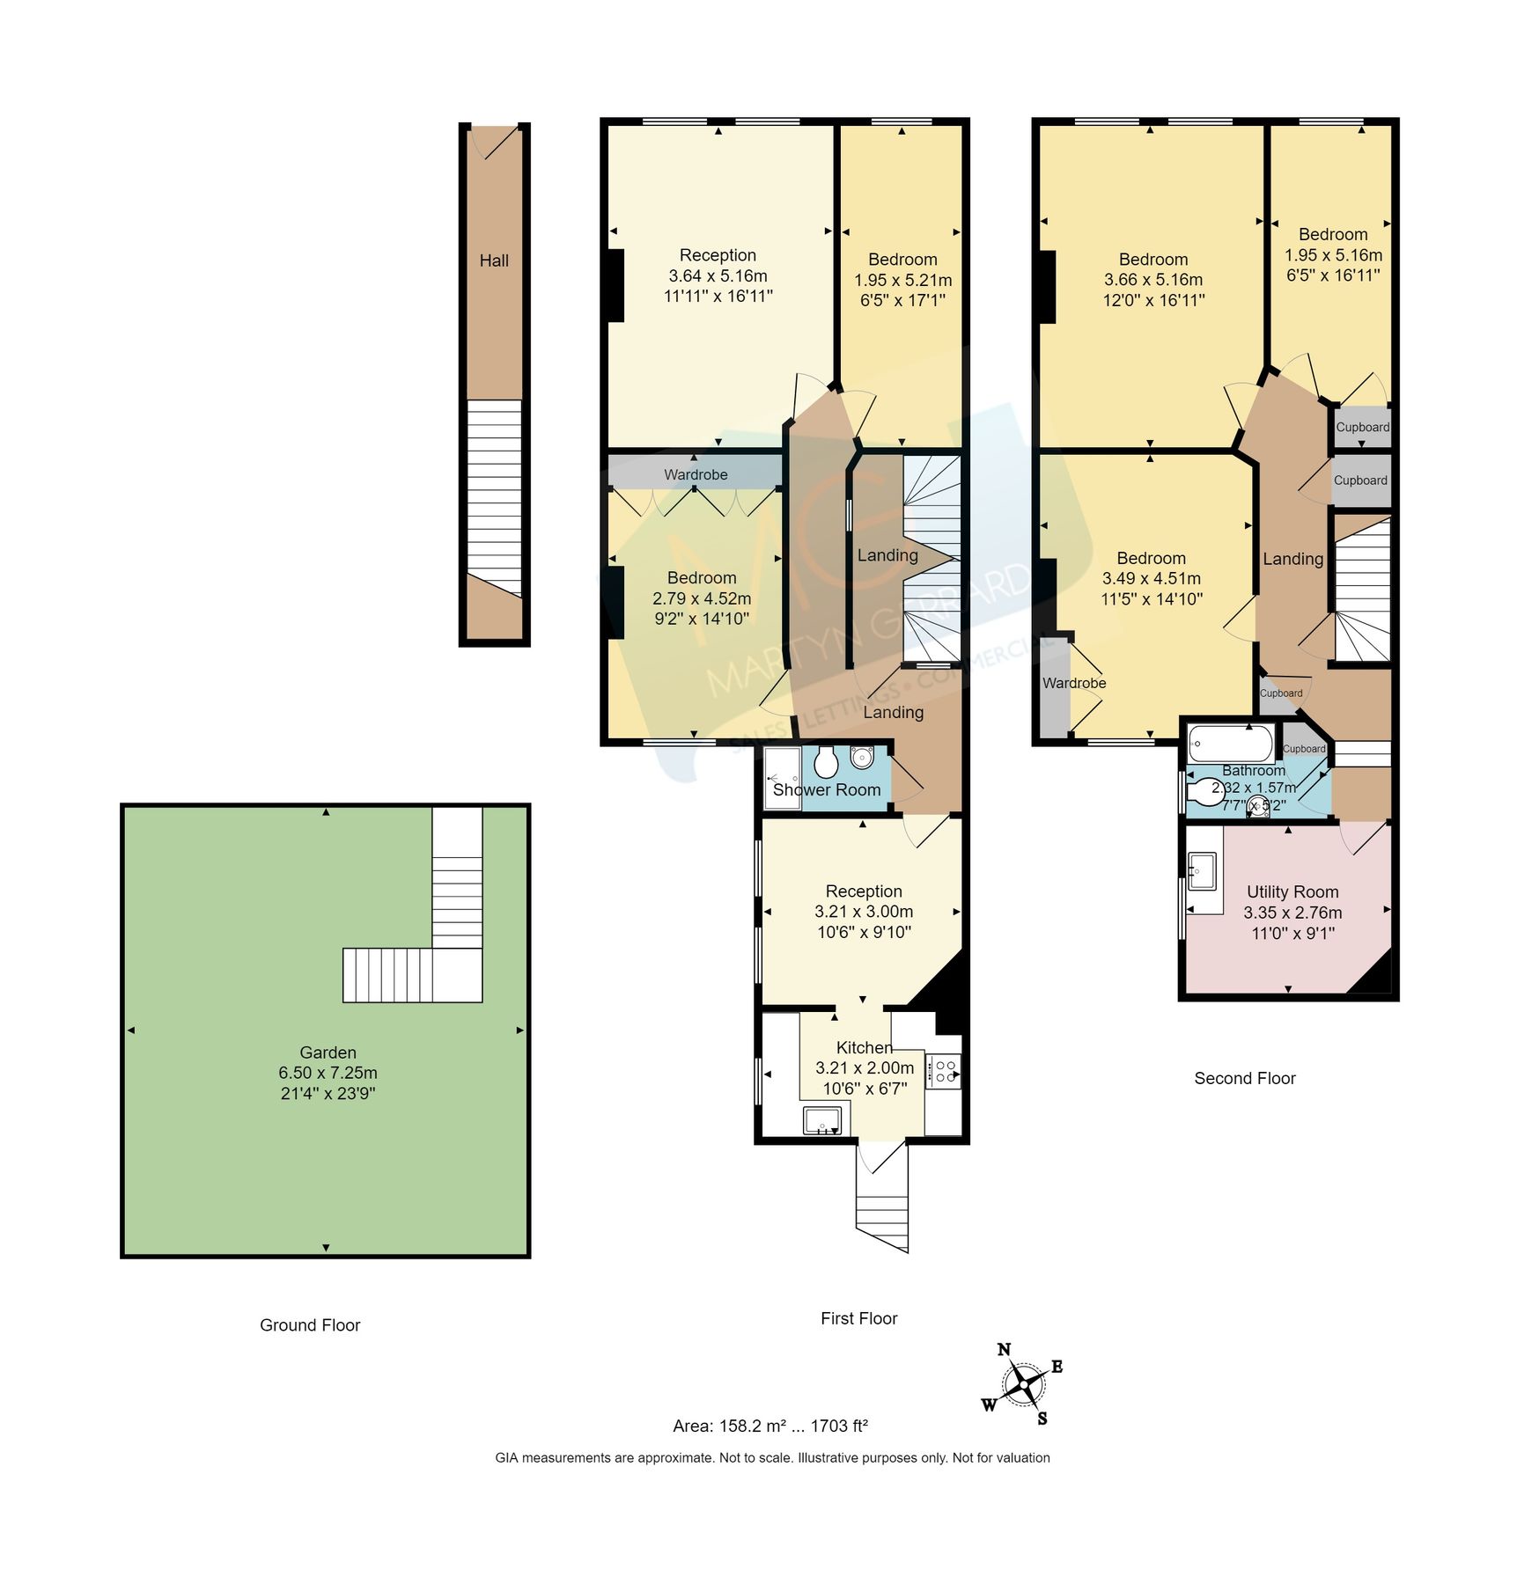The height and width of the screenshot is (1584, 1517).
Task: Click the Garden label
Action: [328, 1052]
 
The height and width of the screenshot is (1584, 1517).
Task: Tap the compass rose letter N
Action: [1004, 1350]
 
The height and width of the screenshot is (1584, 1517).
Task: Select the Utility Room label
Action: [1292, 891]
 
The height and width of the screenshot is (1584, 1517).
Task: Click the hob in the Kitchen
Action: [946, 1071]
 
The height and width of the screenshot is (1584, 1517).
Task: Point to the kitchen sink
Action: [822, 1120]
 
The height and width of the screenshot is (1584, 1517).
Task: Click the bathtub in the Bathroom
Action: [1229, 744]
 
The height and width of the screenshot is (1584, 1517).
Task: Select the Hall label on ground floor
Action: [494, 260]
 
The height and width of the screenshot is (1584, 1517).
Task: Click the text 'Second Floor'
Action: [1244, 1078]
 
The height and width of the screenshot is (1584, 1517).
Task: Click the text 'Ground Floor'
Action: [310, 1324]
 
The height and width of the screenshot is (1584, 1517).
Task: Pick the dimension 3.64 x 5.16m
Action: [718, 275]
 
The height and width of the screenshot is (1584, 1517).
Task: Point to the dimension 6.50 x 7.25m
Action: [328, 1073]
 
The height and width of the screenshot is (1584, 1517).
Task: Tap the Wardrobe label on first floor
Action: [696, 474]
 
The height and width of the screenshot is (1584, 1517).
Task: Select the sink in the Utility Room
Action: [1203, 871]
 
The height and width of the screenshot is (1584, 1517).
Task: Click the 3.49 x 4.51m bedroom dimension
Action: [1151, 578]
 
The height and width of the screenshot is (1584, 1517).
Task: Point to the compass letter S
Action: [1042, 1418]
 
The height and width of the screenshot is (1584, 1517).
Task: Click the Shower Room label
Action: [826, 789]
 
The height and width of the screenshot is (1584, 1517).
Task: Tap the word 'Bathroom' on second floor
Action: [1253, 770]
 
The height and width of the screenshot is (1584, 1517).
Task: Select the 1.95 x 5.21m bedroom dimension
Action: [902, 280]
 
